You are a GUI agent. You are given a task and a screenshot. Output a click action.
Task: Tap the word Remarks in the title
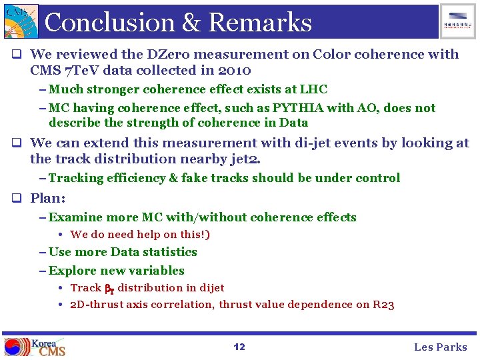(x=260, y=23)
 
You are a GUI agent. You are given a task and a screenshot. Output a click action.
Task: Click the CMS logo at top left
(x=20, y=21)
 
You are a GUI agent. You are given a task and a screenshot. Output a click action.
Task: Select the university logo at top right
(x=458, y=21)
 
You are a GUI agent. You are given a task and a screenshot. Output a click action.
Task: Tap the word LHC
(x=313, y=89)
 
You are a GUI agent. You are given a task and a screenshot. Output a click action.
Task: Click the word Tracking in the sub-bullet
(x=76, y=178)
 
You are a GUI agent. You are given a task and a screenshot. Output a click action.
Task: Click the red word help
(x=150, y=235)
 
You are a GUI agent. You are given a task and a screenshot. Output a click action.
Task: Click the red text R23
(x=383, y=305)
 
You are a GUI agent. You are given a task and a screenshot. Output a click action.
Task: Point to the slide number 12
(x=239, y=347)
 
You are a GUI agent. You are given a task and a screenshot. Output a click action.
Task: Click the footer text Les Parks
(x=441, y=347)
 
